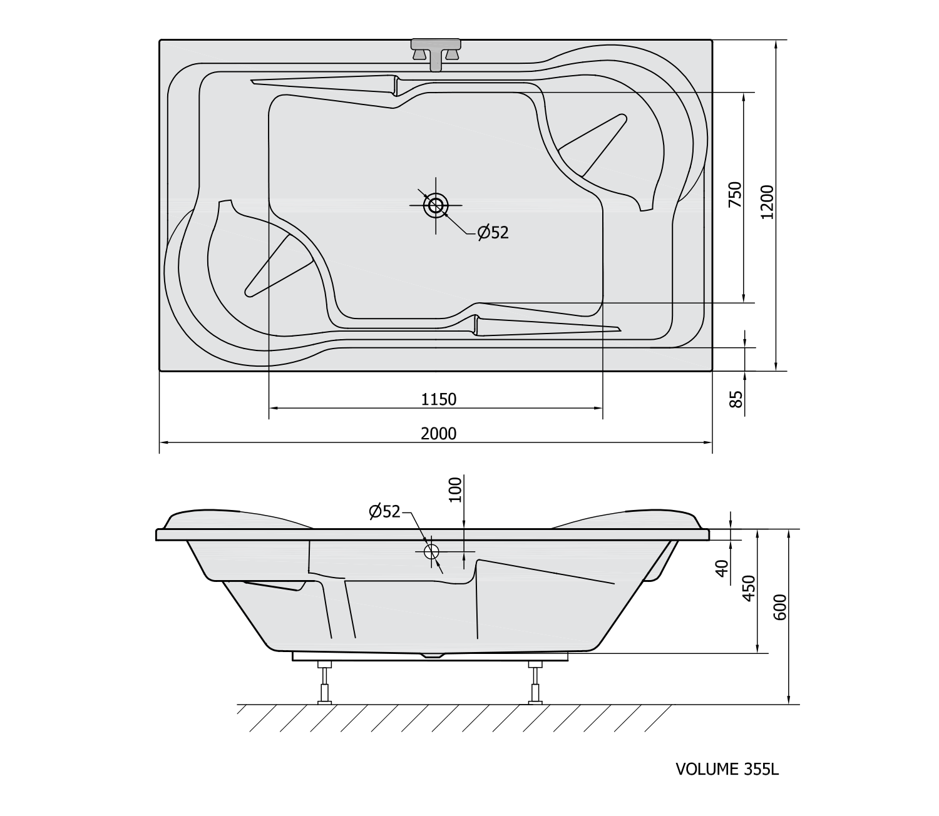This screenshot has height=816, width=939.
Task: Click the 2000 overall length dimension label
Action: [438, 434]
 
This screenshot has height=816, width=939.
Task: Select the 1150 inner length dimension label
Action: [439, 399]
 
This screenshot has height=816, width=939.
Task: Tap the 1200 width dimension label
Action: [767, 202]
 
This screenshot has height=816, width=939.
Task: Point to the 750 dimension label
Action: [735, 195]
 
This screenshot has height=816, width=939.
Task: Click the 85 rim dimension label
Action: [736, 399]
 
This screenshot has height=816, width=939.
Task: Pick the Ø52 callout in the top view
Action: [493, 233]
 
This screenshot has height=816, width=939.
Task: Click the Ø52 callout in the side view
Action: [384, 511]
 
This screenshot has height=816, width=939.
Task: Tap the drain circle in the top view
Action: [436, 205]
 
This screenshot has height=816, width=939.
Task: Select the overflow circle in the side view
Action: [431, 552]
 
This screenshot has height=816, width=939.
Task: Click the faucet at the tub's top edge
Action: [436, 54]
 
